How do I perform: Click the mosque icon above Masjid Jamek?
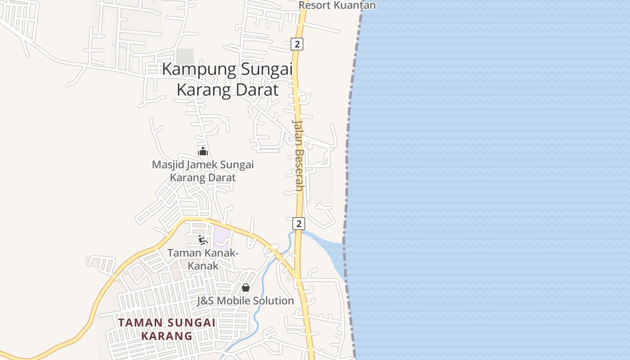[x=203, y=151]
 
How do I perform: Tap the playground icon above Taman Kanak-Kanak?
[x=202, y=239]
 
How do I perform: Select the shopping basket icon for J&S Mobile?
[x=246, y=287]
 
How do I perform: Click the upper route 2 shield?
[x=297, y=44]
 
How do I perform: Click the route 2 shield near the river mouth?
[x=298, y=223]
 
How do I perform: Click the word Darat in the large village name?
[x=256, y=90]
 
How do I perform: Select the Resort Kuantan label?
[x=337, y=5]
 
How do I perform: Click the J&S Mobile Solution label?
[x=245, y=301]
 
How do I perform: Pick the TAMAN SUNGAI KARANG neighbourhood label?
[x=166, y=329]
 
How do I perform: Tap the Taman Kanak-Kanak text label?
[x=203, y=259]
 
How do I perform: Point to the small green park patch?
[x=185, y=57]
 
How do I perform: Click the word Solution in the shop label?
[x=273, y=301]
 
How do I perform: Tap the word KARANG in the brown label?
[x=166, y=336]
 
